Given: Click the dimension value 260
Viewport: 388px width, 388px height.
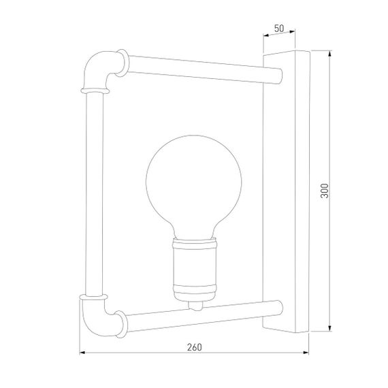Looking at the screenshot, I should point(194,346).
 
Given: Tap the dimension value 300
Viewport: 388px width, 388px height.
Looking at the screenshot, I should point(325,191).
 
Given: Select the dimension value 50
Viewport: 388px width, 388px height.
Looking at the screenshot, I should point(278,29).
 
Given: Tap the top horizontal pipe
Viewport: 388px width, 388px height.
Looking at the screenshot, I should point(197,69).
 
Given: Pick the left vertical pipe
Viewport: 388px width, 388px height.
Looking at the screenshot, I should point(93,194).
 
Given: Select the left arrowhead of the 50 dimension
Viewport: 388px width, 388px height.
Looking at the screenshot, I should point(266,35).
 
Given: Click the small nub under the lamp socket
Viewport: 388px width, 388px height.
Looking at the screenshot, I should point(195,304).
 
